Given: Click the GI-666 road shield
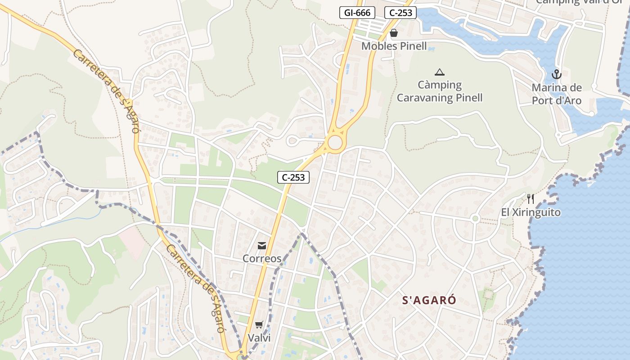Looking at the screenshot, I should tap(357, 13).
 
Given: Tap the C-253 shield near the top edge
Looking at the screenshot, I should tap(400, 13).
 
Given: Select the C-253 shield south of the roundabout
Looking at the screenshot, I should tap(293, 177).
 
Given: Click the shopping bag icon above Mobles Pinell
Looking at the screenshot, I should tap(394, 33).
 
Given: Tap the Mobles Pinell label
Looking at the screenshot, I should tap(394, 46).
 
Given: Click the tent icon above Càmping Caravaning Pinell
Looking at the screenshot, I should tap(439, 72).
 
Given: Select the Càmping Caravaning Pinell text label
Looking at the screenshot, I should tap(439, 91).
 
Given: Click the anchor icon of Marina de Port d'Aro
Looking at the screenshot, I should tap(557, 74).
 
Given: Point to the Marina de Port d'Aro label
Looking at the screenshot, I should tap(557, 94).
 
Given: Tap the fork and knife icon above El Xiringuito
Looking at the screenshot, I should tap(531, 199).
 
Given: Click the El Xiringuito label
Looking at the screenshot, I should tap(531, 212).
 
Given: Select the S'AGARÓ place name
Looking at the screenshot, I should tap(429, 301).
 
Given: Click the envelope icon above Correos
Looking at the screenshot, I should tap(261, 246).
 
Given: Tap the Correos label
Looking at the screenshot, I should tap(262, 259).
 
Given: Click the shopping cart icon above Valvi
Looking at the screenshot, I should tap(259, 324).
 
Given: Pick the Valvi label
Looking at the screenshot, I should tap(259, 337).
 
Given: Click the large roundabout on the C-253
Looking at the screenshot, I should tap(335, 143).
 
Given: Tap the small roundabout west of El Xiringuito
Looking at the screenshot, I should tap(475, 219).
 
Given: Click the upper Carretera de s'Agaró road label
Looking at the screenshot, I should tap(106, 91).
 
